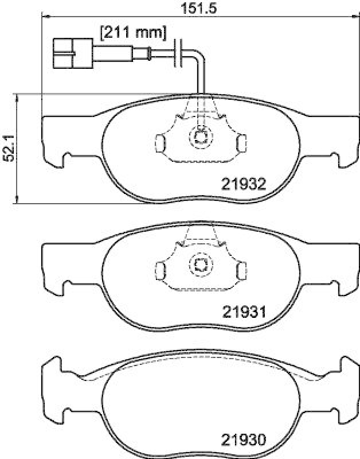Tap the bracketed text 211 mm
click(133, 33)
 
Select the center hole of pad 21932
click(200, 137)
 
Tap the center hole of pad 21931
click(200, 264)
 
